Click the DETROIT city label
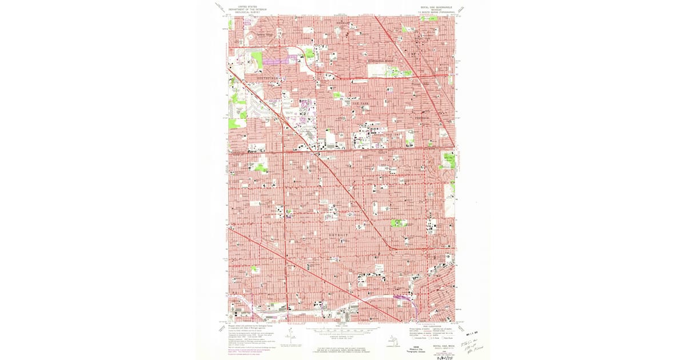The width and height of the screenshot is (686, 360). tap(338, 235)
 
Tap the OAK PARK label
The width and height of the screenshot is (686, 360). tap(360, 103)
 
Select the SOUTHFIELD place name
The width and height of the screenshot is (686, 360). tap(266, 77)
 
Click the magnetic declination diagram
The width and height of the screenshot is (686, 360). tap(291, 338)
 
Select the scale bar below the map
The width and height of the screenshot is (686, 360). tap(343, 330)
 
